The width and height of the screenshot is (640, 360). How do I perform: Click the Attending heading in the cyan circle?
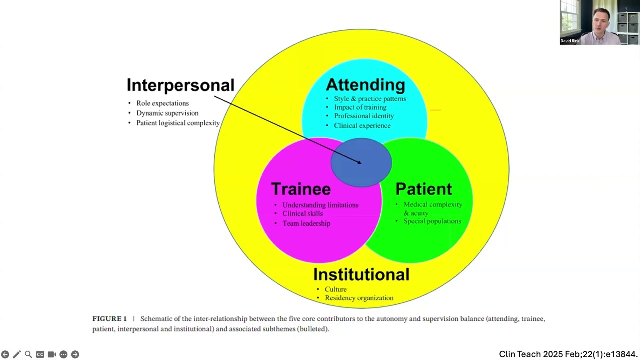(x=365, y=84)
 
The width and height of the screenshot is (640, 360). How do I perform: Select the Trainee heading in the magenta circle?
(x=301, y=189)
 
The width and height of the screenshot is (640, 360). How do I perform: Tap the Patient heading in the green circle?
(x=423, y=189)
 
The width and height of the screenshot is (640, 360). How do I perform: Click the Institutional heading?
(x=361, y=274)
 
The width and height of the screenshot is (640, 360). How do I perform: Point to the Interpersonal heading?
(x=180, y=85)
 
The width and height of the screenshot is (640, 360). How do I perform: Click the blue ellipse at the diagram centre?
(x=361, y=162)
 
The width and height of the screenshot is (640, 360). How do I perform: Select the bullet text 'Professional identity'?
(x=364, y=116)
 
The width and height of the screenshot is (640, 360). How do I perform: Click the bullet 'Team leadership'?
(x=306, y=223)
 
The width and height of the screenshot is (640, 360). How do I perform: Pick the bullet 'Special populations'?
(x=432, y=221)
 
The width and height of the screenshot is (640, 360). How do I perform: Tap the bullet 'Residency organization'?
(x=359, y=298)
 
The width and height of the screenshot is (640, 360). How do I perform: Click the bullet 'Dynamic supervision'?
(x=167, y=113)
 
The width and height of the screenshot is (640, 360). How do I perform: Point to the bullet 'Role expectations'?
(x=162, y=103)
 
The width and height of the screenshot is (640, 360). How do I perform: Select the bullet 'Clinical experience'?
(x=362, y=126)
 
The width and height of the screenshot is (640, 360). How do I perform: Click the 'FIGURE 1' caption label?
(x=109, y=319)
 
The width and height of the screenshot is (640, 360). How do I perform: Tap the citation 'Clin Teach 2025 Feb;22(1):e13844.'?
(x=568, y=354)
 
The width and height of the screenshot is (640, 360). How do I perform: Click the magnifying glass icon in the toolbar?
(x=28, y=354)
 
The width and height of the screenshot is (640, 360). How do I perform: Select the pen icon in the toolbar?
(x=17, y=354)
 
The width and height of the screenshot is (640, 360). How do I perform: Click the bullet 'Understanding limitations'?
(x=320, y=205)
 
